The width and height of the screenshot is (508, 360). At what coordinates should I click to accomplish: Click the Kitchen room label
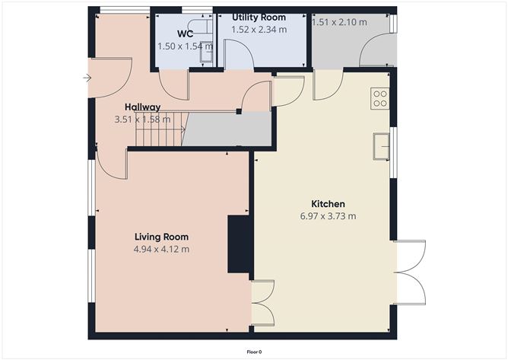(329, 204)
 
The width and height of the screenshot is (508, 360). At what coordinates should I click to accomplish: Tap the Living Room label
(162, 237)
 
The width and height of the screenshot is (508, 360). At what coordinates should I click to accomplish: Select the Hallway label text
(142, 108)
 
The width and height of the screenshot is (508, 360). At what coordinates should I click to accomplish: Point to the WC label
(185, 34)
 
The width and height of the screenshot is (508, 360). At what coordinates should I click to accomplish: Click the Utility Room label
(259, 17)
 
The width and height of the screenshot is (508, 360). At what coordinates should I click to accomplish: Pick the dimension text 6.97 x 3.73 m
(329, 216)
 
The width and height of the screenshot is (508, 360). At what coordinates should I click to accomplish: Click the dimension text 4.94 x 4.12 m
(161, 249)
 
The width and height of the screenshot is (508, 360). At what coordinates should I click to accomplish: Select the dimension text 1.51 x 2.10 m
(339, 22)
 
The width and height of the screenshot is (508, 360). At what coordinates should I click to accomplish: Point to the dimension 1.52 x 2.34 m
(259, 28)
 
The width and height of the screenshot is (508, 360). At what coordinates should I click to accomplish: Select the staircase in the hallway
(160, 130)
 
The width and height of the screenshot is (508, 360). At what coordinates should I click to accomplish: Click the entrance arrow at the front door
(88, 78)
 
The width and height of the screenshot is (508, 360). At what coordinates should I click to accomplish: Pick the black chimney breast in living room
(240, 244)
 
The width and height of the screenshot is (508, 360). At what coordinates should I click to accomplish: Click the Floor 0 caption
(254, 352)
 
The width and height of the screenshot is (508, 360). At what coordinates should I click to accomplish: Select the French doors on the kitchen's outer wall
(410, 272)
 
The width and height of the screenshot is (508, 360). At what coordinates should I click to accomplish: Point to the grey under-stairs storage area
(228, 129)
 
